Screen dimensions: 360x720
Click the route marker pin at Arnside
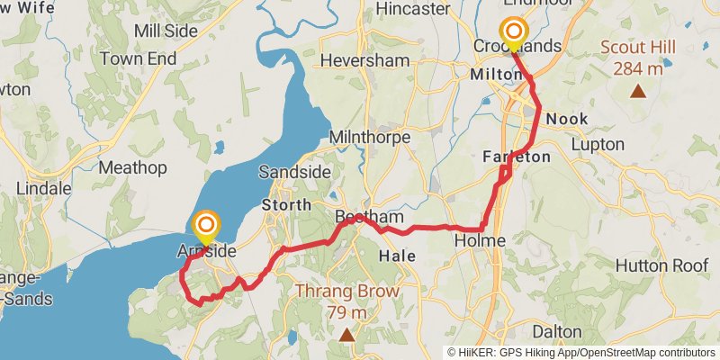click(x=207, y=225)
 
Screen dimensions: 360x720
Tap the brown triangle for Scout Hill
click(x=638, y=91)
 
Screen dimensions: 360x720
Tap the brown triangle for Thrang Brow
click(x=346, y=335)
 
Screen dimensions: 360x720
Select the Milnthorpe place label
click(x=370, y=138)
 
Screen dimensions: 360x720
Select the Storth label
click(x=286, y=204)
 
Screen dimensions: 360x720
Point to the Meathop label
click(x=132, y=167)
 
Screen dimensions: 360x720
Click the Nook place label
click(x=567, y=118)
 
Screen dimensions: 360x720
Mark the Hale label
click(x=397, y=256)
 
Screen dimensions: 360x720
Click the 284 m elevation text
click(x=638, y=67)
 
